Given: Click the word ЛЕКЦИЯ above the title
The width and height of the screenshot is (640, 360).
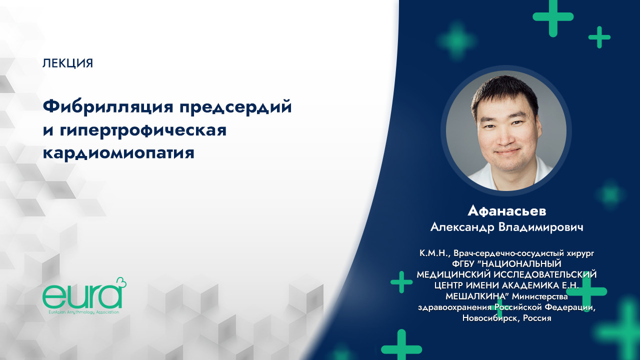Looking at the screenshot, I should (x=68, y=63).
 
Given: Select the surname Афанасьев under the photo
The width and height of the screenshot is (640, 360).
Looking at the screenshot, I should (x=506, y=210).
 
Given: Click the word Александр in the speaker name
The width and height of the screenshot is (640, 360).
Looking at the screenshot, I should (x=461, y=227).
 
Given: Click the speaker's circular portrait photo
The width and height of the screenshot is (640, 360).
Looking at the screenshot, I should (x=506, y=130).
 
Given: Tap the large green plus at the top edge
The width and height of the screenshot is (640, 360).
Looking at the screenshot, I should (x=552, y=16).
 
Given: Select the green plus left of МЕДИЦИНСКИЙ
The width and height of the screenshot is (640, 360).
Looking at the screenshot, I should (x=401, y=282).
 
